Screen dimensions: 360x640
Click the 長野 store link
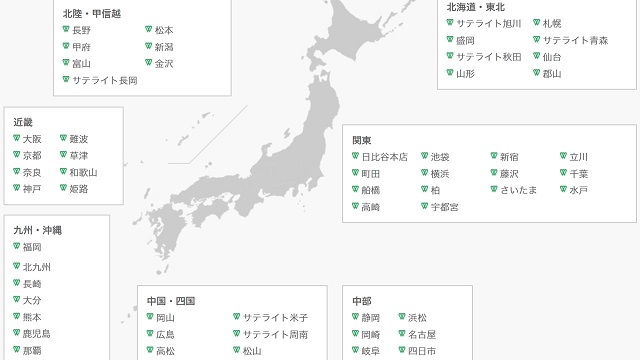click(x=81, y=31)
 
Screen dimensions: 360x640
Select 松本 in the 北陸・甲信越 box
click(x=164, y=31)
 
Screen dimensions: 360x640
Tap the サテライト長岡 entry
click(x=105, y=80)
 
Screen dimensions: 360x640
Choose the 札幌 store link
click(x=552, y=23)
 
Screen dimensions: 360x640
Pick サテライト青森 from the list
click(x=575, y=40)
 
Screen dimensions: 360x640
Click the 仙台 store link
click(x=552, y=57)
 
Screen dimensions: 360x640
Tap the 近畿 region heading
click(x=23, y=121)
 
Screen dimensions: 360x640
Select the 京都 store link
click(x=32, y=155)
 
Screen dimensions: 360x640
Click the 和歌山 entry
click(x=83, y=172)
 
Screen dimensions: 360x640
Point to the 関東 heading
click(x=362, y=140)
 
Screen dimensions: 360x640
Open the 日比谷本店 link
click(x=385, y=157)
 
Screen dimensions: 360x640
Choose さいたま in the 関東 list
click(x=519, y=190)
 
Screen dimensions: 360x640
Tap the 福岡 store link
click(x=32, y=246)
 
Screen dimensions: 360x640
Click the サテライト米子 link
click(x=276, y=318)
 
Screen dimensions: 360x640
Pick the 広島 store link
click(x=165, y=334)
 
